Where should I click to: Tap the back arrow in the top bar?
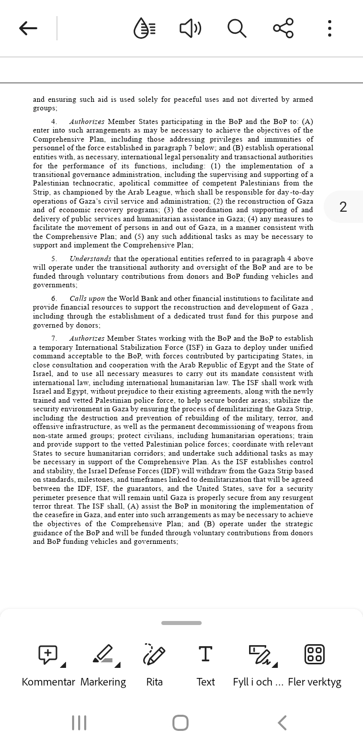(x=28, y=28)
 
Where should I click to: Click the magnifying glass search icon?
(x=236, y=28)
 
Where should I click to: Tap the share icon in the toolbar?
(x=283, y=28)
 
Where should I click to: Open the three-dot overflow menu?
(x=329, y=28)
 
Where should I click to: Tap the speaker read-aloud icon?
(x=190, y=28)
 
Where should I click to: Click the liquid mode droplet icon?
(x=144, y=28)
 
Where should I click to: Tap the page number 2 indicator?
(x=343, y=207)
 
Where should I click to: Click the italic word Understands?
(x=91, y=259)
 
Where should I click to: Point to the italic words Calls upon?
(x=87, y=298)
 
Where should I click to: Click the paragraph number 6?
(x=54, y=298)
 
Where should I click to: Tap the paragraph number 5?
(x=54, y=259)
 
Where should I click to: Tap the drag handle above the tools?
(x=181, y=623)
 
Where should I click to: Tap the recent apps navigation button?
(x=79, y=723)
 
